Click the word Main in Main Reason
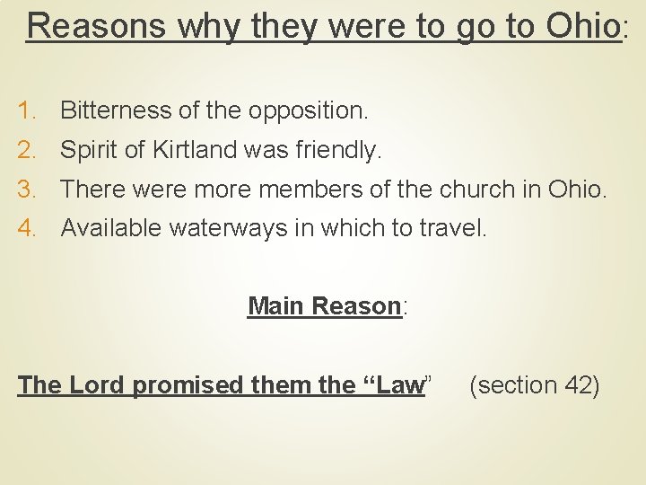(x=275, y=306)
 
